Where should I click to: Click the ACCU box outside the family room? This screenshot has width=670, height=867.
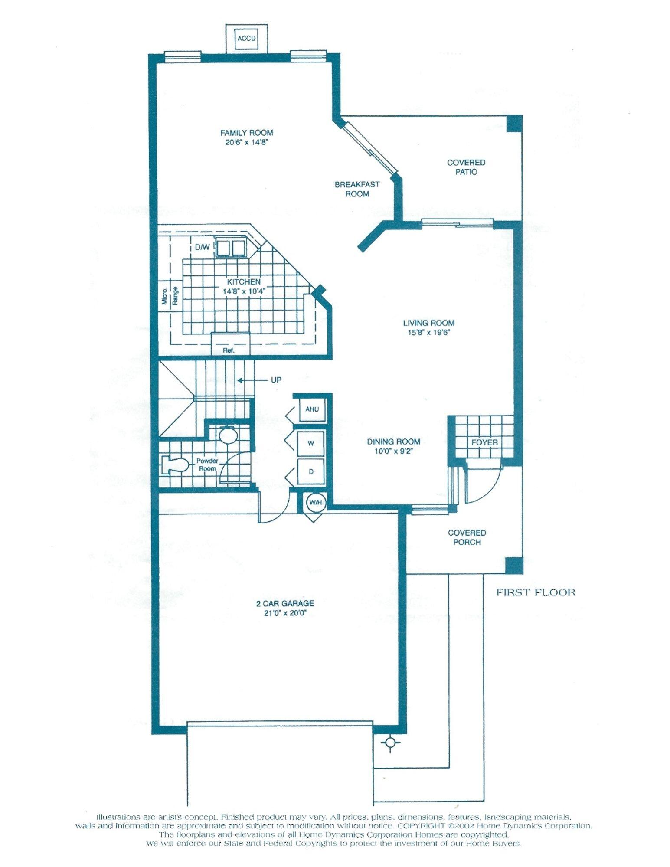point(246,38)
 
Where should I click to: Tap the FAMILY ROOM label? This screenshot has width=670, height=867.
point(246,133)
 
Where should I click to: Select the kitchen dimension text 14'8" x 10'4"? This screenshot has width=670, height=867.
point(244,291)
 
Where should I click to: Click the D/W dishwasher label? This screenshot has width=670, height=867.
point(202,248)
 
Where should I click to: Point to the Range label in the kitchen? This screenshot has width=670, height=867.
point(175,296)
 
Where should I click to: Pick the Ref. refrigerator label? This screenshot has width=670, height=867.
point(229,350)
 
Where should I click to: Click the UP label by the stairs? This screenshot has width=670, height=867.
point(276,380)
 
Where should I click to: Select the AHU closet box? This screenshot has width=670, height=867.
point(312,409)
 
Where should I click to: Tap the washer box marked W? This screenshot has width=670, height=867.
point(311,444)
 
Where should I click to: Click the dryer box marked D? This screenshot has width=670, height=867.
point(311,471)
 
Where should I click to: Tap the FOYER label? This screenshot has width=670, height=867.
point(484,442)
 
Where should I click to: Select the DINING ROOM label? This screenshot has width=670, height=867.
point(393,442)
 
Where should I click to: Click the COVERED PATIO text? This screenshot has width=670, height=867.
point(466,167)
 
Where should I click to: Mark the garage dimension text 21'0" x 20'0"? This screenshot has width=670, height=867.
point(285,613)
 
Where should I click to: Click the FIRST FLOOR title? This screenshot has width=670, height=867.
point(536,592)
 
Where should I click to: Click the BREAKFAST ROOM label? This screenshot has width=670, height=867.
point(357,189)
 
